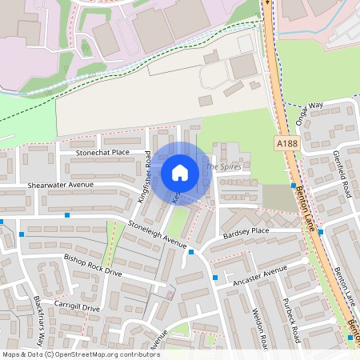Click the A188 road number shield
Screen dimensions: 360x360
(x=286, y=143)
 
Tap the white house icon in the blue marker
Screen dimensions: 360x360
(x=180, y=172)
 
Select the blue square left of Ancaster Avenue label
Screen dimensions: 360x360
(x=216, y=278)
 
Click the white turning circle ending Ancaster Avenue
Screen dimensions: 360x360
(x=306, y=261)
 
